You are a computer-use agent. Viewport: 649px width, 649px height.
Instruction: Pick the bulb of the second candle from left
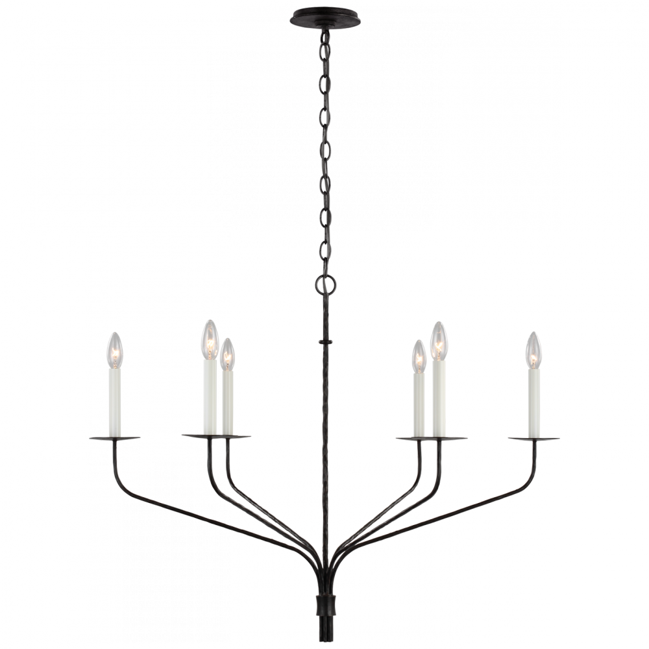coord(210,337)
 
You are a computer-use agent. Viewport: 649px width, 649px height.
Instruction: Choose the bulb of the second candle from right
coord(440,338)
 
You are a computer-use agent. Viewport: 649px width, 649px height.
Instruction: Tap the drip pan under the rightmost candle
coord(534,438)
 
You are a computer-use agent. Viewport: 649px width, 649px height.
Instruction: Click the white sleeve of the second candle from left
coord(210,396)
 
